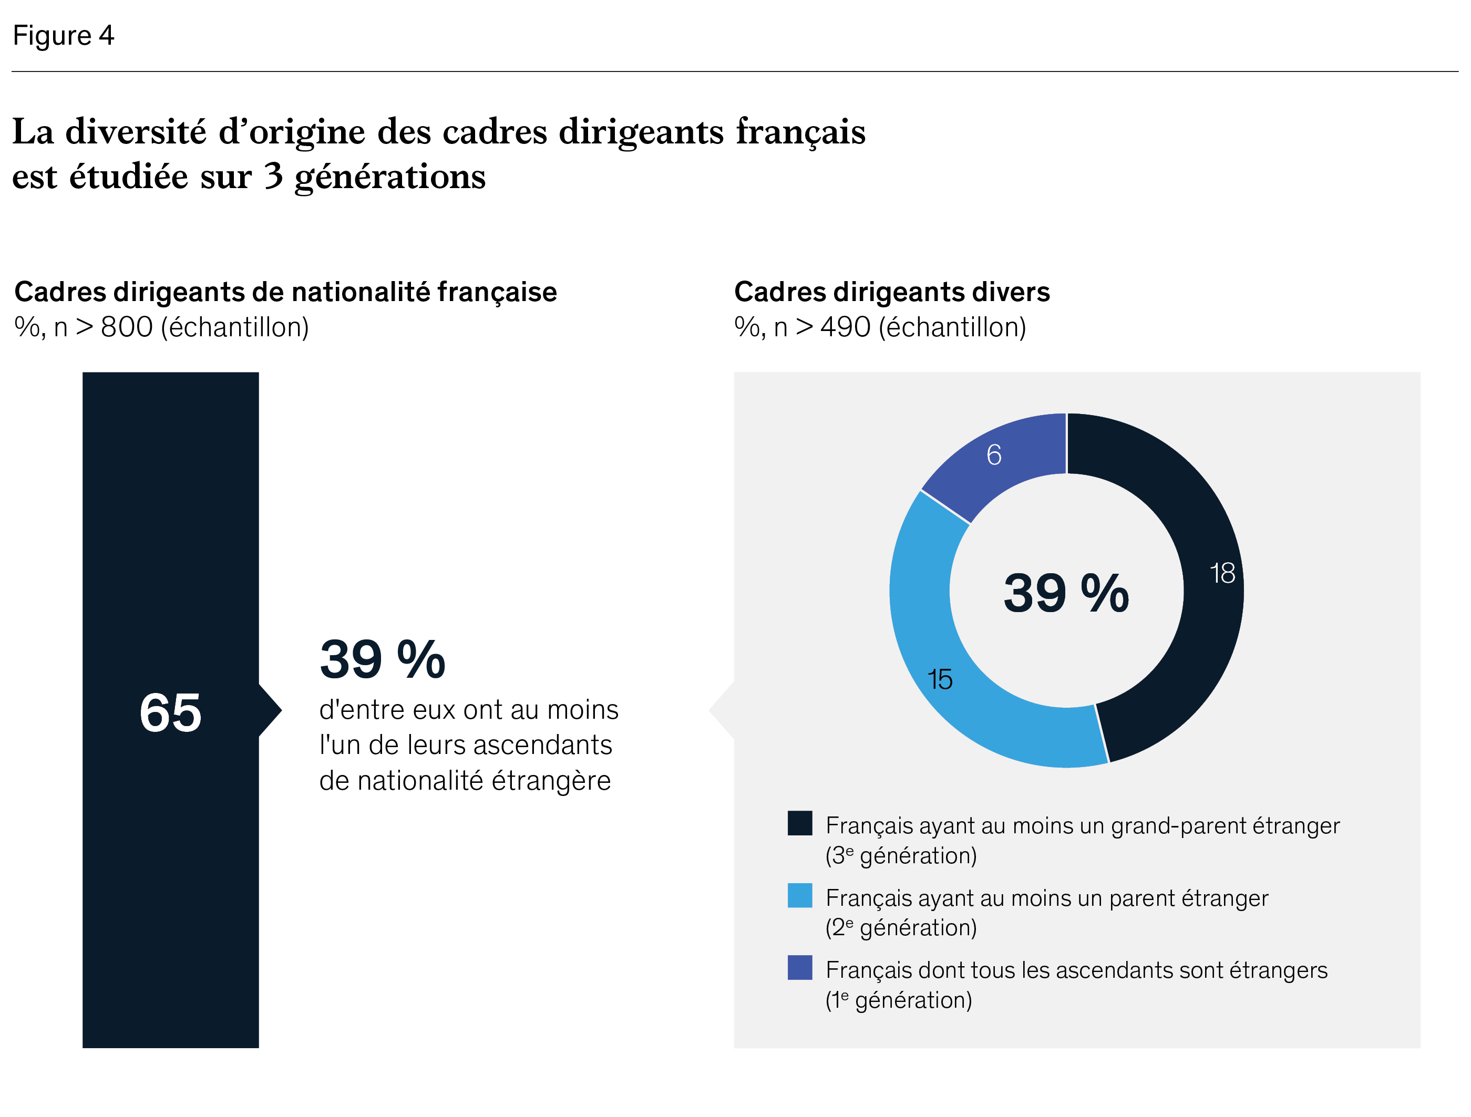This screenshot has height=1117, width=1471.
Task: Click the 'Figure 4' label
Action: coord(63,35)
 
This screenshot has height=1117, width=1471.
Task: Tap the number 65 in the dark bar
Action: coord(170,713)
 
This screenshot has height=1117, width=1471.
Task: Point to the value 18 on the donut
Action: coord(1222,573)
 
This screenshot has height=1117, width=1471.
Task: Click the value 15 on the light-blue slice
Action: coord(940,679)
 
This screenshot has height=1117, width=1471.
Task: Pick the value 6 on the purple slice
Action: coord(993,455)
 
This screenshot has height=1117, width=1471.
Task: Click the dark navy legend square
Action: coord(799,823)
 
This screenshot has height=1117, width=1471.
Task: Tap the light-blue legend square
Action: coord(799,896)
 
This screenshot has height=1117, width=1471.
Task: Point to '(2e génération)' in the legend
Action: coord(900,927)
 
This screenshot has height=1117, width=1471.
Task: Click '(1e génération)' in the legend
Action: coord(898,1000)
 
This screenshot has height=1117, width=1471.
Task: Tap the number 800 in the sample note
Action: coord(126,327)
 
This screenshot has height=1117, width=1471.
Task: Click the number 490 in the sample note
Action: coord(845,327)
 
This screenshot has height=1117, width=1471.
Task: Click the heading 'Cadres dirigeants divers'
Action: coord(891,292)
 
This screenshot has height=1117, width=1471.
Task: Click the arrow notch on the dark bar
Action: coord(270,710)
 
